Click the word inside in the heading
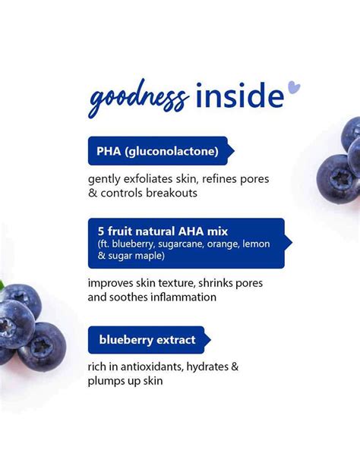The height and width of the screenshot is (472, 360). pyautogui.click(x=238, y=96)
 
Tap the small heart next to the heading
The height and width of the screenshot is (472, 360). pyautogui.click(x=294, y=88)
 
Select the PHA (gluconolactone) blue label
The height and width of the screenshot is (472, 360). pyautogui.click(x=157, y=150)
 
